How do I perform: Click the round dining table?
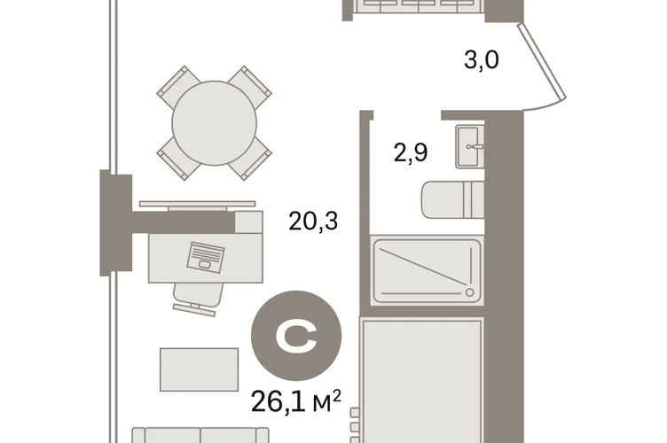[215, 123]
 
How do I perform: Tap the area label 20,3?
[313, 221]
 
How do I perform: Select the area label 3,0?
[482, 59]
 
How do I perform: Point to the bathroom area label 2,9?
[411, 152]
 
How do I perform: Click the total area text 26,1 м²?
[296, 401]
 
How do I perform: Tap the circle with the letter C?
[296, 336]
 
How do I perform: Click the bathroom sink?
[470, 146]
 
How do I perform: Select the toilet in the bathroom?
[453, 200]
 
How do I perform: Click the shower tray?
[427, 271]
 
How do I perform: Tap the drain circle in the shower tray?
[469, 292]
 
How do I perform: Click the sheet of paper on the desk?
[206, 258]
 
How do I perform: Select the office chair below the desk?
[197, 299]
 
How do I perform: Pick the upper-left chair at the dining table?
[178, 87]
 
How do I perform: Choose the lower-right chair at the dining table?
[250, 159]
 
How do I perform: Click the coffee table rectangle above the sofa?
[199, 369]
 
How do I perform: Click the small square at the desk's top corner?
[249, 221]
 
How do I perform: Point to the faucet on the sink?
[475, 146]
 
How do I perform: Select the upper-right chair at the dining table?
[250, 87]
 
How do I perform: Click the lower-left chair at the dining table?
[178, 159]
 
